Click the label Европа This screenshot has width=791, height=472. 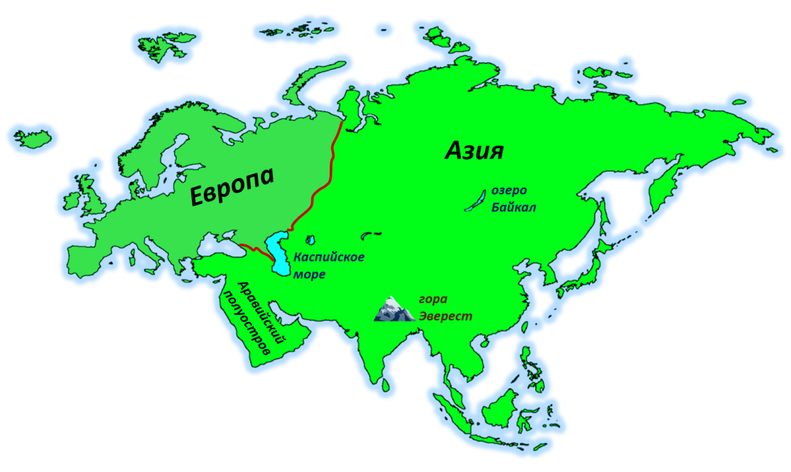point(231,186)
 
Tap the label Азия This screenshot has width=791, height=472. point(474,151)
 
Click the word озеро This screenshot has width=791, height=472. point(509,191)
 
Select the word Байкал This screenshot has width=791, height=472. point(513,208)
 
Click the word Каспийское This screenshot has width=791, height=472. point(329,257)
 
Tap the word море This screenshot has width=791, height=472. point(309,274)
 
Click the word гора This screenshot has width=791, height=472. point(433,300)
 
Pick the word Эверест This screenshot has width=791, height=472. point(446,316)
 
